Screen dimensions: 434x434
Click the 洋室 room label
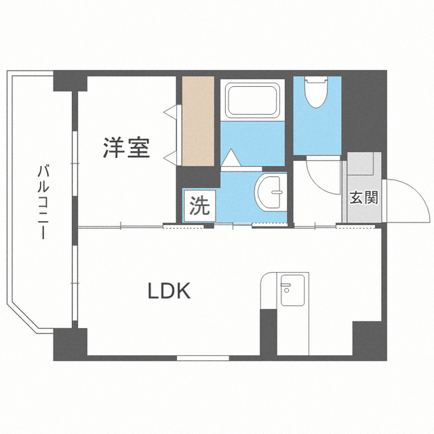[x=127, y=148]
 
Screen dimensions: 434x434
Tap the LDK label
[x=170, y=291]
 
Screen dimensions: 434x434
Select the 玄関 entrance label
[x=363, y=197]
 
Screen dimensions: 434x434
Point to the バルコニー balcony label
[x=43, y=202]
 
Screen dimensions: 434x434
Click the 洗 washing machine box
[x=199, y=206]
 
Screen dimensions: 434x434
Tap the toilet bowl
[x=316, y=92]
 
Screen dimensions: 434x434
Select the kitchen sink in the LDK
[x=292, y=290]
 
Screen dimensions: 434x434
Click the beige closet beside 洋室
[x=198, y=121]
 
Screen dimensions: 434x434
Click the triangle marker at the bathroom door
[x=231, y=158]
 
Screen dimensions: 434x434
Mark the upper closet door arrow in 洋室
[x=170, y=112]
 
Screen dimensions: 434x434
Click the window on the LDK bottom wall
[x=203, y=358]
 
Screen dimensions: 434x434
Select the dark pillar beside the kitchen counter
[x=269, y=332]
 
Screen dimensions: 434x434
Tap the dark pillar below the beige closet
[x=199, y=177]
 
